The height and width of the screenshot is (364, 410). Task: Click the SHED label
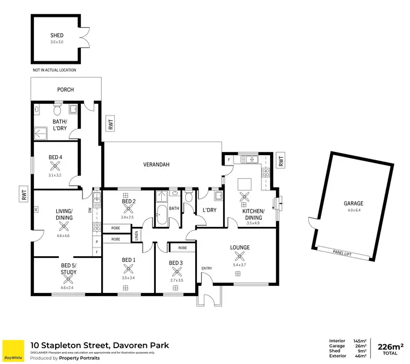click(57, 36)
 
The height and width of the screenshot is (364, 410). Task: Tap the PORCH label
click(66, 90)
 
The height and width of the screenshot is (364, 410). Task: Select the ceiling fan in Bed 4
click(55, 167)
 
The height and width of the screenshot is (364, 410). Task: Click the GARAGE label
click(353, 203)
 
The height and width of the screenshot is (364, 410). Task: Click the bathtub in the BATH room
click(162, 215)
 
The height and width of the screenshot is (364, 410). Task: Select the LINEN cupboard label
click(137, 235)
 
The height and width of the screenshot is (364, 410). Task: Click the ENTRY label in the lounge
click(207, 268)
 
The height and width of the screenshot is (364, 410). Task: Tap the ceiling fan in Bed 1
click(128, 269)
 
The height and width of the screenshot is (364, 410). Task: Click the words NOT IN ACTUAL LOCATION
click(54, 70)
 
